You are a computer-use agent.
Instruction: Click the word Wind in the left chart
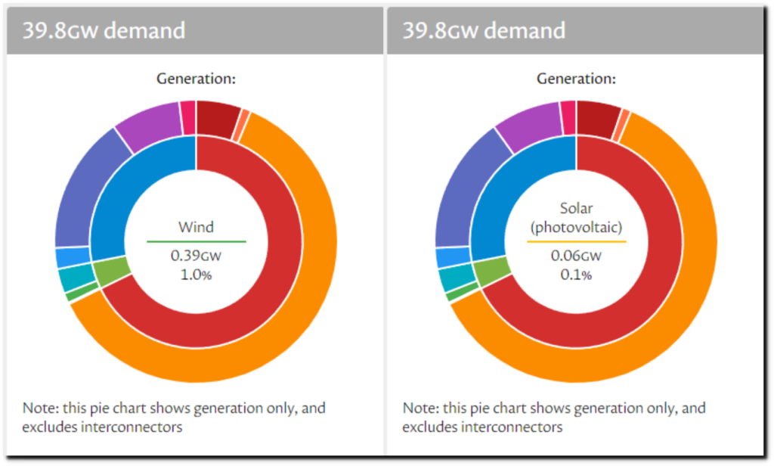coord(196,226)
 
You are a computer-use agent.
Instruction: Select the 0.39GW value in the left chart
coord(196,256)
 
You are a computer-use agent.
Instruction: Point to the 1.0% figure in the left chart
coord(196,274)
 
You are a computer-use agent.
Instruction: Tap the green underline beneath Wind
coord(196,241)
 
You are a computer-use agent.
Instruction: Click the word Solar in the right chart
coord(576,208)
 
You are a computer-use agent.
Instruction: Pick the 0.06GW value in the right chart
coord(576,256)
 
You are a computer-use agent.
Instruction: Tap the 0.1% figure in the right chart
coord(576,274)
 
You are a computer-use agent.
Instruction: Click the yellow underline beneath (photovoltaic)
coord(576,241)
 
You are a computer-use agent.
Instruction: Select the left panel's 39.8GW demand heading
coord(103,31)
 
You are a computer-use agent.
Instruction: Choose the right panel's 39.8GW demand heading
coord(483,31)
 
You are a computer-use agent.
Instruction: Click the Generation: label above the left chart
coord(196,78)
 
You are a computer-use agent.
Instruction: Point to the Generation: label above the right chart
coord(576,78)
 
